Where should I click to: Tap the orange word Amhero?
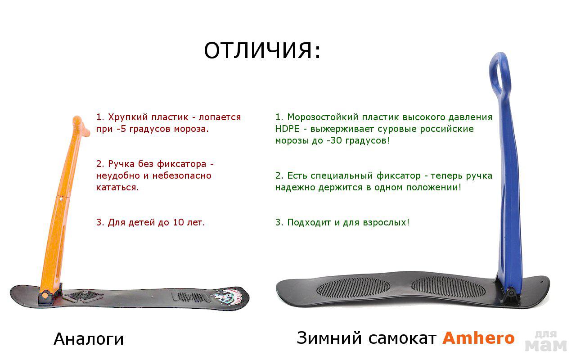pyautogui.click(x=478, y=337)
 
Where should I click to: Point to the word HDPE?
pyautogui.click(x=287, y=129)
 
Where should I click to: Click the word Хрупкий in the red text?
pyautogui.click(x=127, y=117)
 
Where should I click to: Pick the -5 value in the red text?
pyautogui.click(x=121, y=129)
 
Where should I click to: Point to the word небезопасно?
pyautogui.click(x=181, y=175)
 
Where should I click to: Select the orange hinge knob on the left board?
pyautogui.click(x=45, y=294)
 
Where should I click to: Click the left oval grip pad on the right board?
pyautogui.click(x=353, y=287)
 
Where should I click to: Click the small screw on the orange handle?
pyautogui.click(x=61, y=198)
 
